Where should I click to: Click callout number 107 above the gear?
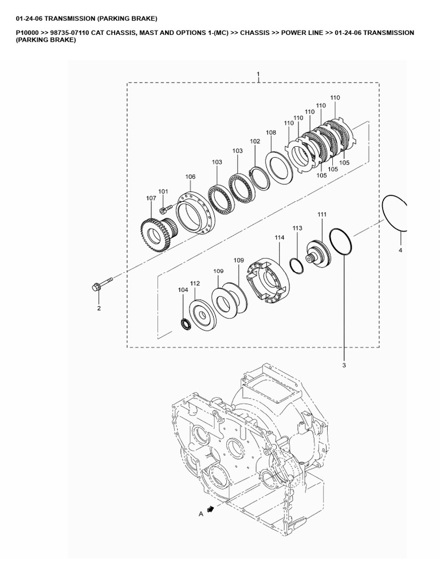[151, 198]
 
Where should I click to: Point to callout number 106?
[190, 177]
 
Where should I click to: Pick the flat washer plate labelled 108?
[279, 167]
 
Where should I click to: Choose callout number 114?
[279, 237]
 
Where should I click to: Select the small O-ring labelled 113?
[297, 266]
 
